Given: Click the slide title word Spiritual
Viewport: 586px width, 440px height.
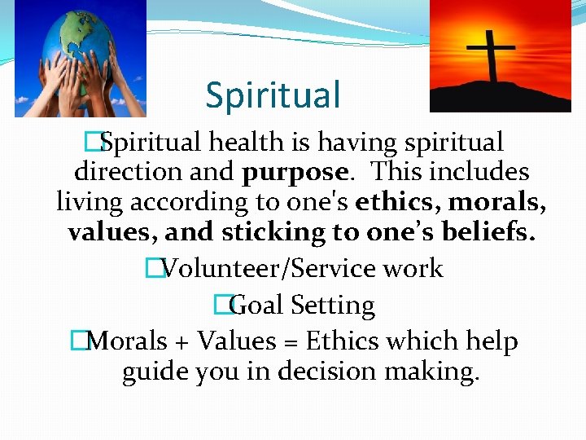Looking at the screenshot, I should (273, 95).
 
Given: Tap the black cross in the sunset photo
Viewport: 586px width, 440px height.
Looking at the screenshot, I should (490, 53).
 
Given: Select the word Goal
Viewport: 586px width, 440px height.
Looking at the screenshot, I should (255, 306).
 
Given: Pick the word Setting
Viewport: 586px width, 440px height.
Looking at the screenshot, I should (333, 306).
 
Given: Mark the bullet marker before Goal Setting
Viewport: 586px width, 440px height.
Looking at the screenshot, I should (221, 306).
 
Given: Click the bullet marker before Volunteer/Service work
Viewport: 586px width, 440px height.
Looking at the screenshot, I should (152, 269).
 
